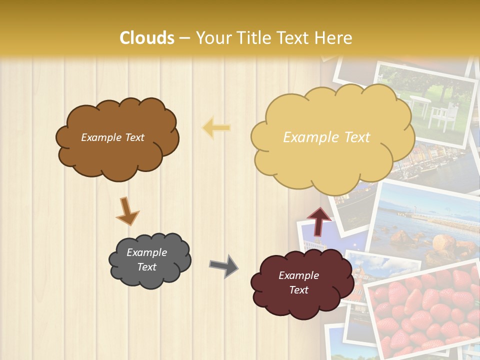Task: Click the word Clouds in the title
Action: click(x=147, y=38)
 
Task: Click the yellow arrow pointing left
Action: click(x=216, y=128)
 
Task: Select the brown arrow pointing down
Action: click(x=127, y=211)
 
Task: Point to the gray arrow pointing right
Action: click(x=224, y=265)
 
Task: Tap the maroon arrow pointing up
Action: click(x=318, y=220)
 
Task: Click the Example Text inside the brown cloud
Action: click(x=112, y=137)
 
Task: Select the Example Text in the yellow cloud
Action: click(x=326, y=137)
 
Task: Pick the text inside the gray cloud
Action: click(x=147, y=259)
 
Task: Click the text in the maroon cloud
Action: click(x=298, y=282)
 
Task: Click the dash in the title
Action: click(x=184, y=38)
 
